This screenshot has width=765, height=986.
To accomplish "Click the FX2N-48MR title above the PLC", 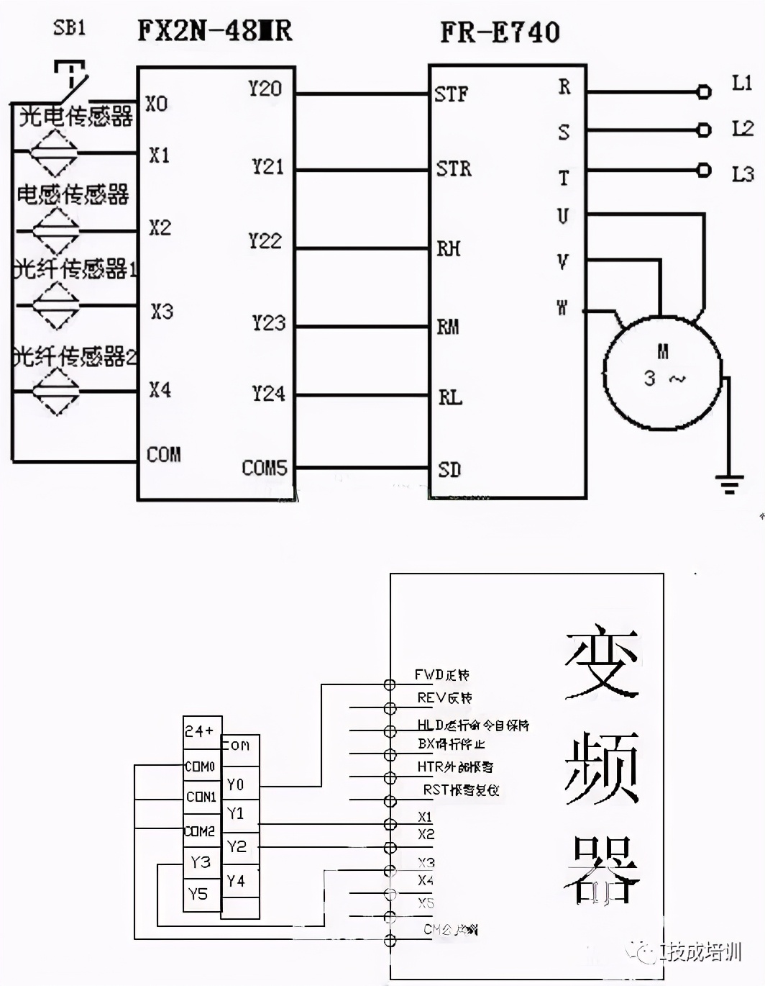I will point(214,30).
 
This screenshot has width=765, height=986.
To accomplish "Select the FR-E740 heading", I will point(500,32).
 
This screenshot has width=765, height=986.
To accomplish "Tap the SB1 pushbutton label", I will point(69,28).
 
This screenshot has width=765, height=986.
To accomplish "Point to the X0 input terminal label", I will point(157,104).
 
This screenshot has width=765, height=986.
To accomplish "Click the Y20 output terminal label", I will point(265,89).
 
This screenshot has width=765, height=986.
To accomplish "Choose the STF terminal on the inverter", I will point(451,94).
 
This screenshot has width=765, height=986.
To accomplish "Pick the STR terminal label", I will point(454,169).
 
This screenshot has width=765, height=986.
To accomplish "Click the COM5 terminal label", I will point(264,468).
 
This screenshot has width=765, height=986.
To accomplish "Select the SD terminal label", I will point(449,470).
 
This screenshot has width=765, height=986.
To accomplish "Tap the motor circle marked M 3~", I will point(661,373).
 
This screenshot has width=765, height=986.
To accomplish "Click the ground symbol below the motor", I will point(729,484).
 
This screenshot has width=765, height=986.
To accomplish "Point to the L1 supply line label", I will point(742,83).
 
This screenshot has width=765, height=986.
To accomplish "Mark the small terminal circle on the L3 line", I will point(705,170).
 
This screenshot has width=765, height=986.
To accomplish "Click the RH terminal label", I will point(449,249).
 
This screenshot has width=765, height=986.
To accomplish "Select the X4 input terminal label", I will point(160,390).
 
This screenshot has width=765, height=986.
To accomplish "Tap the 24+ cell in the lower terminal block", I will point(200,731).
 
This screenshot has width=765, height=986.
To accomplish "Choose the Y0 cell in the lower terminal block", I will point(236,784).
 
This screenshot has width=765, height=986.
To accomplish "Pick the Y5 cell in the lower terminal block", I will point(198,894).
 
